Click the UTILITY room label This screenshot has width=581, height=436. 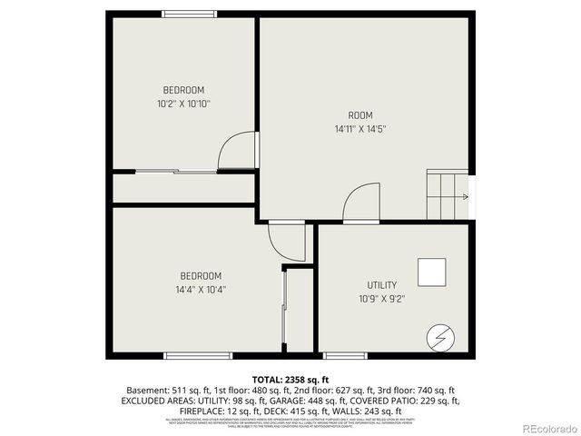click(381, 284)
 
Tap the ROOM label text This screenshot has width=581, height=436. click(360, 115)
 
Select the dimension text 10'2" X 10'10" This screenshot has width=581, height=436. click(183, 104)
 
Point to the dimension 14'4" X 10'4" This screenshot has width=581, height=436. click(200, 291)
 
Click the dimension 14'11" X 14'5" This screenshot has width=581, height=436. click(360, 129)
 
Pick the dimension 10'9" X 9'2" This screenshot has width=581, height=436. click(381, 298)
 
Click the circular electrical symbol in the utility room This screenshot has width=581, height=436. click(438, 337)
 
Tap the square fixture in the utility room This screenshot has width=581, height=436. click(431, 272)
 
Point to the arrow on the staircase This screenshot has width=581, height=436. click(465, 196)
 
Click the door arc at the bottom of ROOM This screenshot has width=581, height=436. click(362, 203)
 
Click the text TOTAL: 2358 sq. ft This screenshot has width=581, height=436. click(290, 379)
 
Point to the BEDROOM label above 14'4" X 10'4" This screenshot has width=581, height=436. click(200, 276)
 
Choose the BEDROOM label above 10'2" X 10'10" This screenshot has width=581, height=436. click(183, 90)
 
